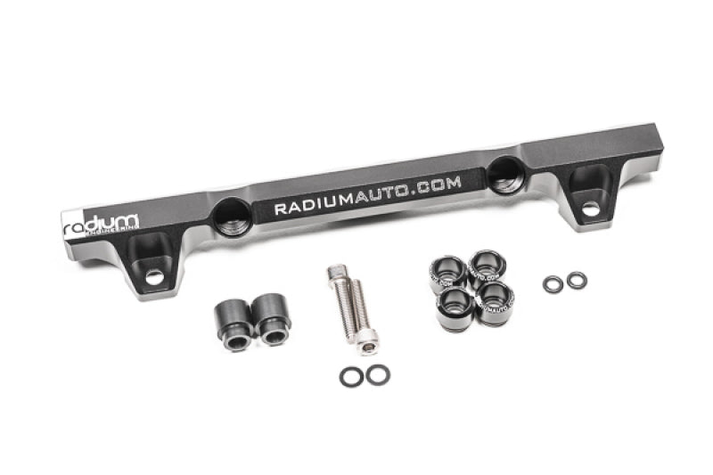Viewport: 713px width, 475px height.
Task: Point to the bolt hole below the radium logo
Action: click(x=155, y=276)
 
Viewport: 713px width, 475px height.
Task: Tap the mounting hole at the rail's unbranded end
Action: click(x=589, y=208)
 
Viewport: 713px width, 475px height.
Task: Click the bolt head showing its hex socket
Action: click(x=367, y=337)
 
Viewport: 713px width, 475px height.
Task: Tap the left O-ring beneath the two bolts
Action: click(x=351, y=376)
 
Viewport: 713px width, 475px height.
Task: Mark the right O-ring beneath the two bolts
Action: click(x=377, y=374)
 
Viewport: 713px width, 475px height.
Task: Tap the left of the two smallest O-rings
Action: click(x=553, y=284)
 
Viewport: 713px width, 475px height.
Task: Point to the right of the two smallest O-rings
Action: click(x=577, y=281)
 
